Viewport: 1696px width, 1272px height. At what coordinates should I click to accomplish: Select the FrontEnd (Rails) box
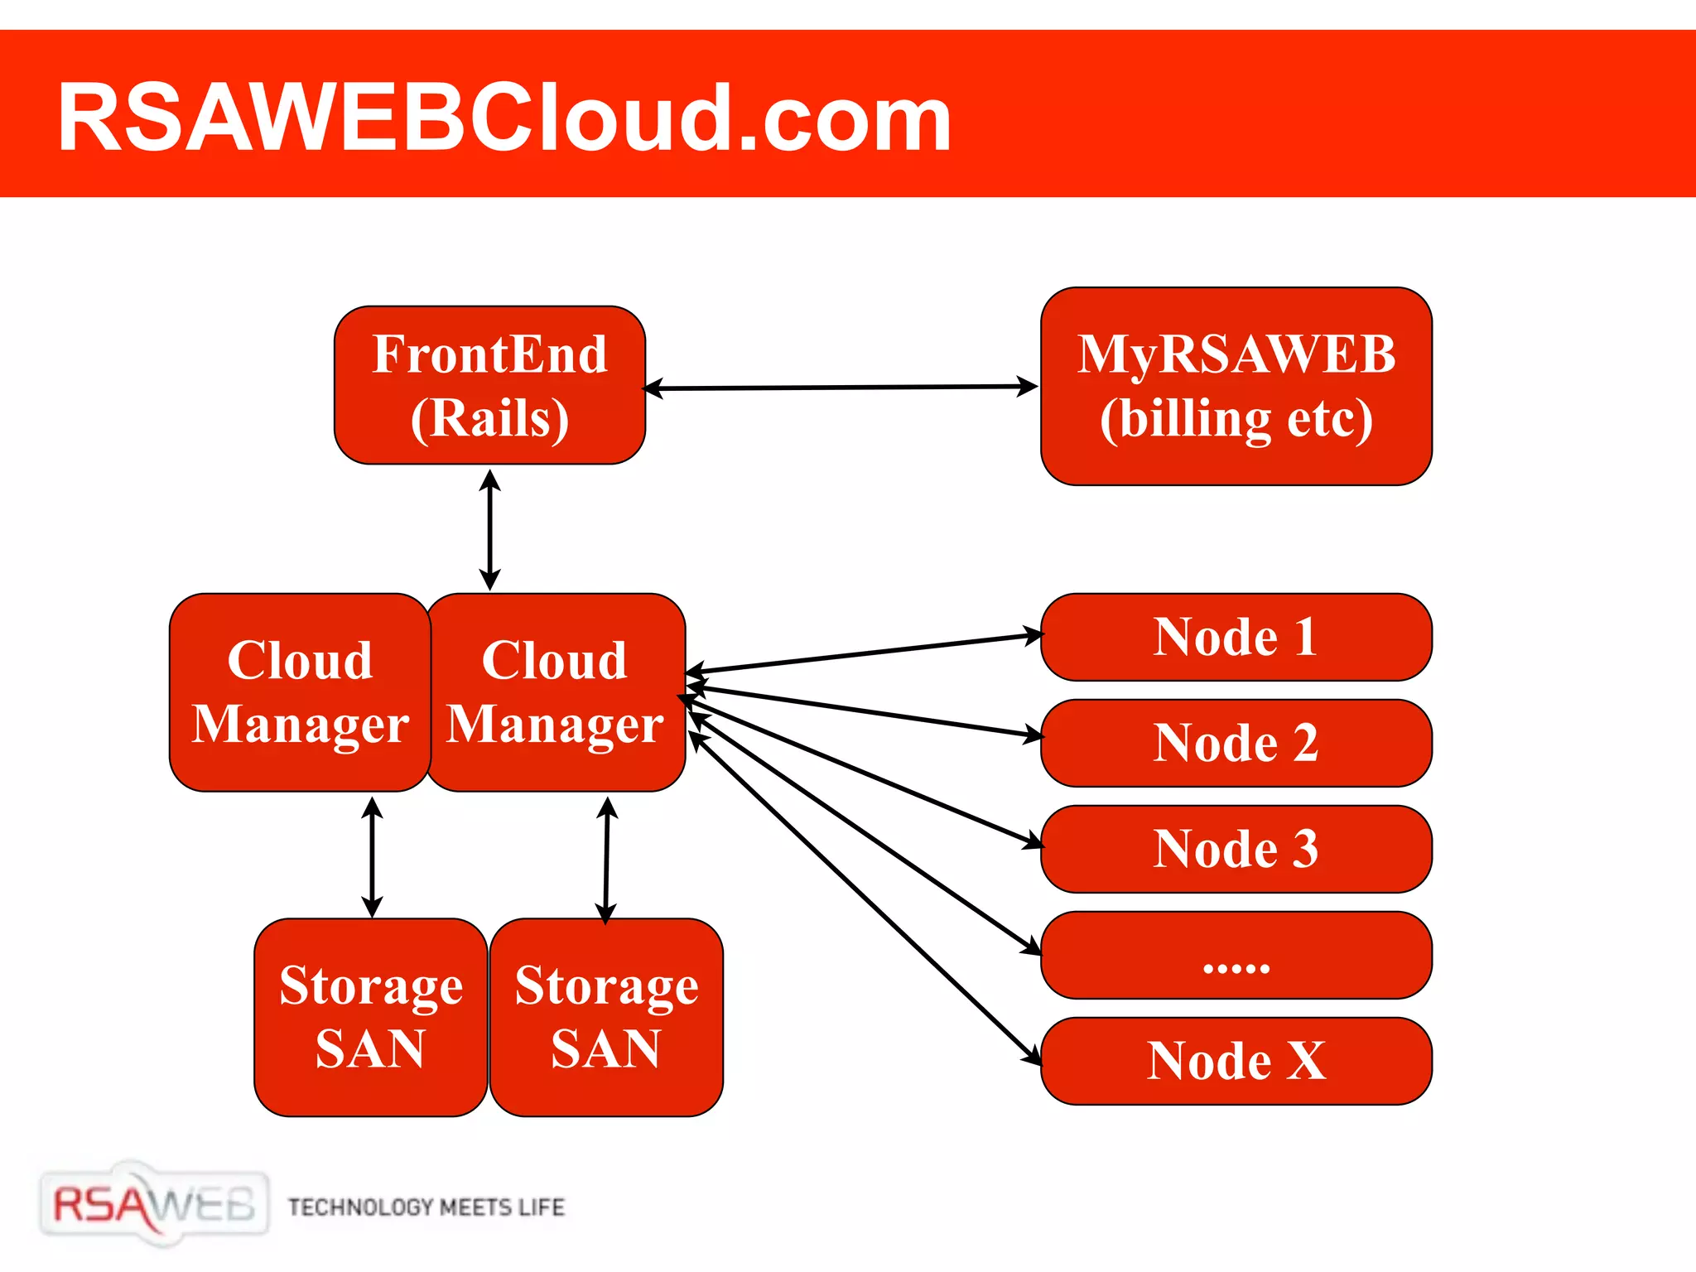[x=489, y=385]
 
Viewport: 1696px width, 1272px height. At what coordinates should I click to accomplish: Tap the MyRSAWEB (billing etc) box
[x=1236, y=386]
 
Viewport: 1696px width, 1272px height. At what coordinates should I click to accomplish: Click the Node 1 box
[x=1236, y=637]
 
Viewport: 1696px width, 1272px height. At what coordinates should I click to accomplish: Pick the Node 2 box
[x=1236, y=743]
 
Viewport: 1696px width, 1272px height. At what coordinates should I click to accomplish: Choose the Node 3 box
[x=1236, y=849]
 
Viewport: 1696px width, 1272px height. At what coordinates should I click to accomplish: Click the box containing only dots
[x=1236, y=955]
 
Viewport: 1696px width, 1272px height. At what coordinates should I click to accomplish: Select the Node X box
[x=1236, y=1061]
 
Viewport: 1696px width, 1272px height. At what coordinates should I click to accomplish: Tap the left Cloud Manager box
[x=300, y=692]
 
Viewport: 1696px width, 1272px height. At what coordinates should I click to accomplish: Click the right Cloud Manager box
[x=555, y=692]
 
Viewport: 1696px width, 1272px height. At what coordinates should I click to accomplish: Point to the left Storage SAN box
[x=370, y=1017]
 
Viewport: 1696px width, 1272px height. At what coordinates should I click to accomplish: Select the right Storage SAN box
[x=606, y=1017]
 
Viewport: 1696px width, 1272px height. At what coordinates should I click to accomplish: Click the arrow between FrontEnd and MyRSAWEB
[x=841, y=387]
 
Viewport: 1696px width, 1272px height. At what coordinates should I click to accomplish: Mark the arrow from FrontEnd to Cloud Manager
[x=490, y=530]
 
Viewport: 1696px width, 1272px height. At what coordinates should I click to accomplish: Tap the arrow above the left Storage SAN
[x=373, y=857]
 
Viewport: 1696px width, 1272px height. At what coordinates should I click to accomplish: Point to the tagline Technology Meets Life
[x=426, y=1207]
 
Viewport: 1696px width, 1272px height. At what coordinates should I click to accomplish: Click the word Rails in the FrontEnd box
[x=489, y=418]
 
